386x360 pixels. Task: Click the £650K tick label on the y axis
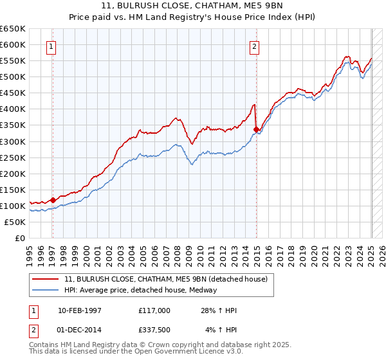(x=13, y=29)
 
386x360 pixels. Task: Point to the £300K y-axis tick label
(x=13, y=141)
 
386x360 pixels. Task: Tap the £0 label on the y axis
(x=20, y=238)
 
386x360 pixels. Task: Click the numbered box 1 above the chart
(x=51, y=46)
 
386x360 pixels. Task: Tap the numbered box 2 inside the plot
(x=255, y=46)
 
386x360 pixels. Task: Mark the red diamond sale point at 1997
(x=53, y=200)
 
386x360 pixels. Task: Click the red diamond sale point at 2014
(x=256, y=129)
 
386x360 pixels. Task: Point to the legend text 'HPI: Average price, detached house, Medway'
(x=140, y=290)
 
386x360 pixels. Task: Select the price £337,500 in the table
(x=154, y=330)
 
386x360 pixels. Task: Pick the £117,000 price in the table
(x=154, y=310)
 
